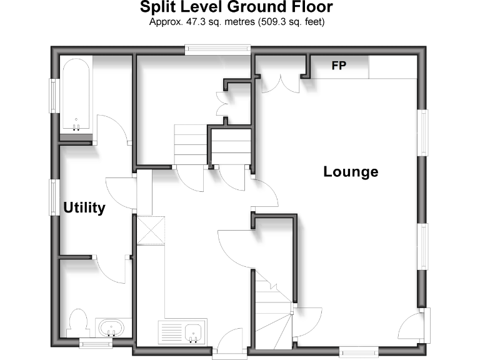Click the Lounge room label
[351, 171]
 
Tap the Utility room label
[84, 207]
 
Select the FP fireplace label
[339, 66]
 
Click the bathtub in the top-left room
[76, 96]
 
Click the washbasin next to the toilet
[112, 327]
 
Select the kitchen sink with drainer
[181, 332]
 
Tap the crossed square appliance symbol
[150, 230]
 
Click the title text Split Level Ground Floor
[236, 7]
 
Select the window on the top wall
[218, 49]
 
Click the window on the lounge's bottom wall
[359, 351]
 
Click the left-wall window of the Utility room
[54, 198]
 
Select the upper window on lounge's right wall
[424, 132]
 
